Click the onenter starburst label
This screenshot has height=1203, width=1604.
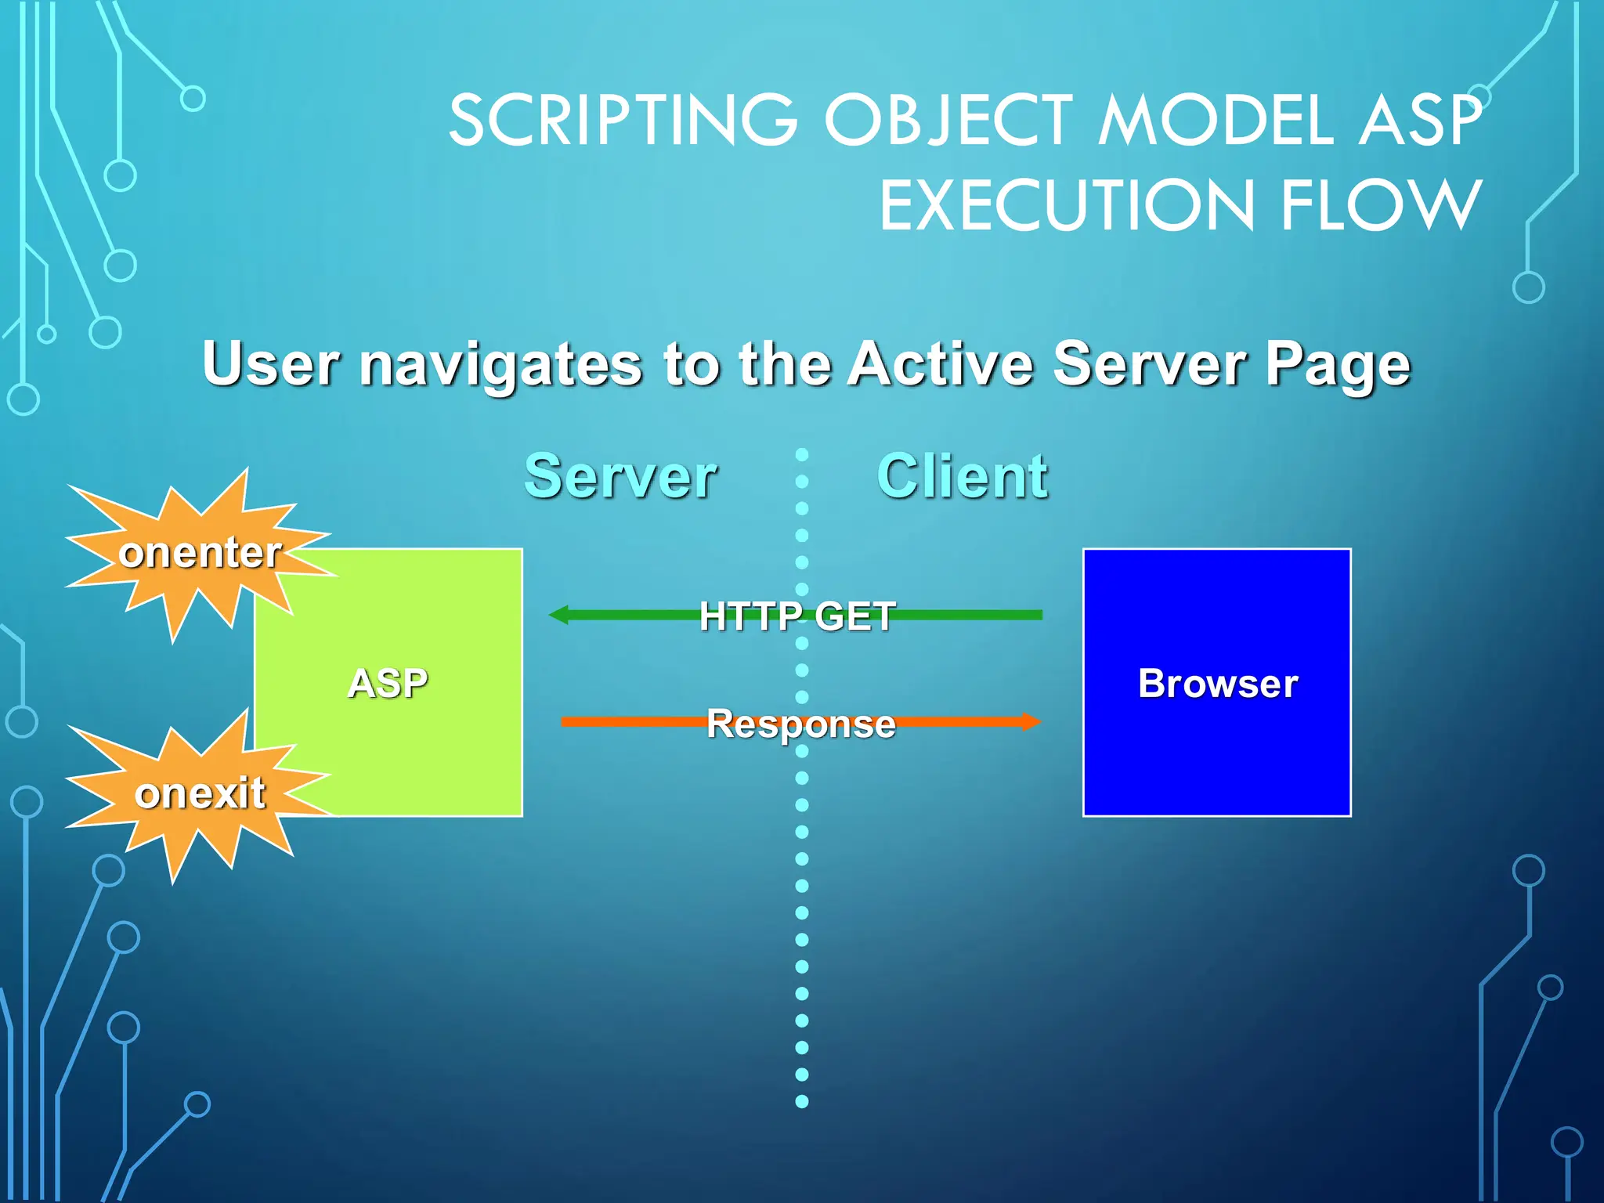tap(200, 552)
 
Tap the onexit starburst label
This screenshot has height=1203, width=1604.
tap(200, 793)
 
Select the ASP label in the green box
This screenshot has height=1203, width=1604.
tap(388, 683)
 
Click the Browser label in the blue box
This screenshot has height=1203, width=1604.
tap(1218, 683)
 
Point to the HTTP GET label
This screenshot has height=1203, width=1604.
tap(797, 616)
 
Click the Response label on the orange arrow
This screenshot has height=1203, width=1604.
tap(801, 723)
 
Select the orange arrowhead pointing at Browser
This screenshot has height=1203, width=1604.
tap(1031, 721)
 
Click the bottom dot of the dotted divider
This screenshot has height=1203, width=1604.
tap(802, 1101)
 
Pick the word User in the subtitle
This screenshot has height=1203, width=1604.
tap(271, 364)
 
